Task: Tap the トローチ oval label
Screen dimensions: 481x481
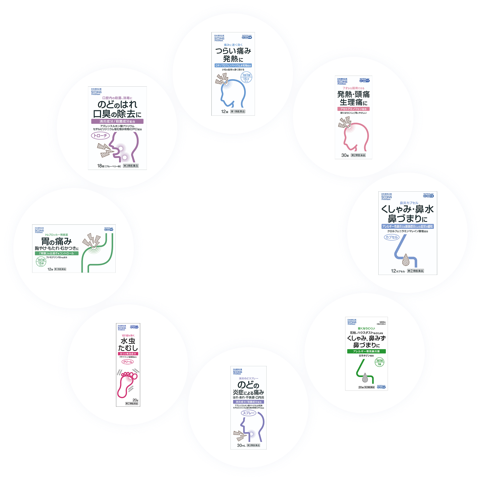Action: pyautogui.click(x=100, y=136)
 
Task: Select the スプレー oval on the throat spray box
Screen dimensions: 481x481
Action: pyautogui.click(x=249, y=413)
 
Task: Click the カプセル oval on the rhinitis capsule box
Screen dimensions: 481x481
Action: pyautogui.click(x=391, y=237)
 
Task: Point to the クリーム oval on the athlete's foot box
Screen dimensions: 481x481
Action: pyautogui.click(x=128, y=362)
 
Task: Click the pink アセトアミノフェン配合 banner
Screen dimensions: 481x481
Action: pyautogui.click(x=353, y=109)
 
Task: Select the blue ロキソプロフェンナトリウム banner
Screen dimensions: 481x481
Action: pyautogui.click(x=233, y=66)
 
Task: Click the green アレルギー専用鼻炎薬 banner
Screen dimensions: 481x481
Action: pyautogui.click(x=366, y=351)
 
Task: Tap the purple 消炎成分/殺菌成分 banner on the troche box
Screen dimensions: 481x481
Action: pyautogui.click(x=117, y=121)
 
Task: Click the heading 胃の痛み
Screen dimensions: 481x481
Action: pyautogui.click(x=56, y=241)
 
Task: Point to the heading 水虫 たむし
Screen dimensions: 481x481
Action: pyautogui.click(x=128, y=345)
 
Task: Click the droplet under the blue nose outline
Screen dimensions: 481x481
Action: pyautogui.click(x=406, y=259)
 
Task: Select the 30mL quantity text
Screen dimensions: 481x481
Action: pyautogui.click(x=241, y=445)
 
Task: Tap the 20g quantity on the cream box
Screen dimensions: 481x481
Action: pyautogui.click(x=135, y=400)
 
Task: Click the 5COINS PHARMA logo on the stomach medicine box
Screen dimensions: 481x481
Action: pyautogui.click(x=39, y=231)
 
